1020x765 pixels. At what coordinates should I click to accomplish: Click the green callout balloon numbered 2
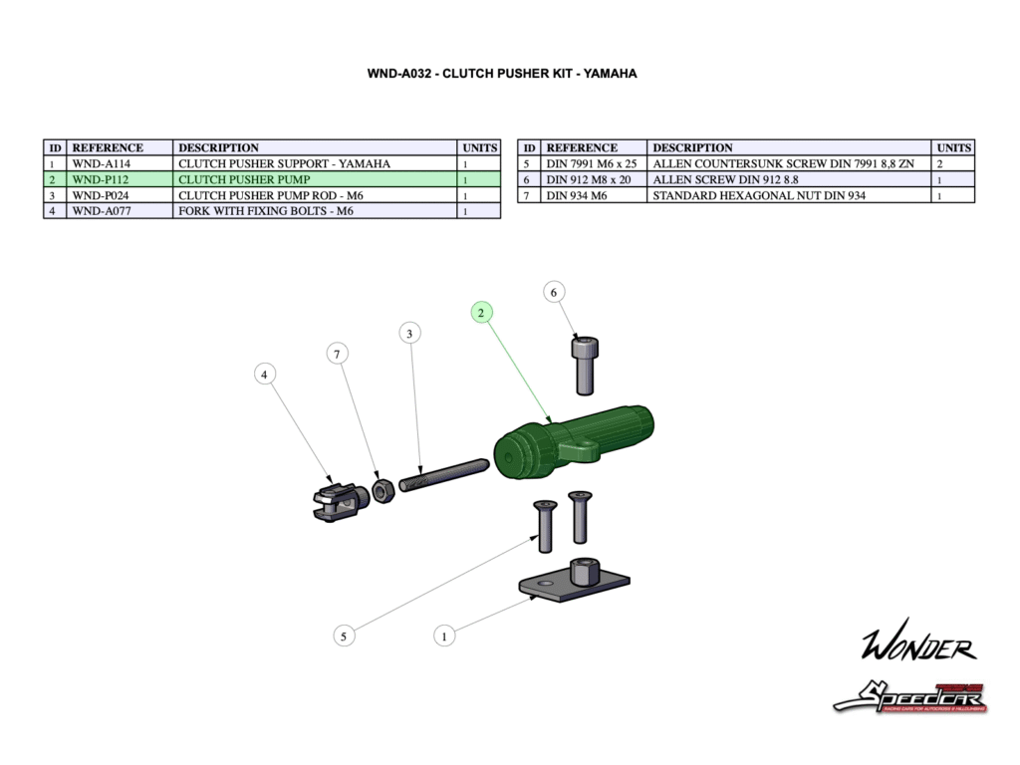(481, 313)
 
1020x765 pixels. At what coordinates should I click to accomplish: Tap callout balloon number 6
(554, 292)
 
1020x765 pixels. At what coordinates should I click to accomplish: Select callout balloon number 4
(264, 375)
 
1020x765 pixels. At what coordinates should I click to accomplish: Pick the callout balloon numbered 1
(444, 634)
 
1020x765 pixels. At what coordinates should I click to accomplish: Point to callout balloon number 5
(344, 636)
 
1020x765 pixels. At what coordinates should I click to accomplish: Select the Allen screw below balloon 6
(584, 365)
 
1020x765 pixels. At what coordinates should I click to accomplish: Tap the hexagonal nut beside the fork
(382, 490)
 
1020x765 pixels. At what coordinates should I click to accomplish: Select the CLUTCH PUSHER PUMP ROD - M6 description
(270, 195)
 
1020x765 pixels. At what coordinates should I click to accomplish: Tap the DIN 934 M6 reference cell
(582, 195)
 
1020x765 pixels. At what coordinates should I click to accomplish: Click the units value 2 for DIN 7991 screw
(940, 163)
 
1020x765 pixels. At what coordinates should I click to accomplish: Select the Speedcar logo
(910, 696)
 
